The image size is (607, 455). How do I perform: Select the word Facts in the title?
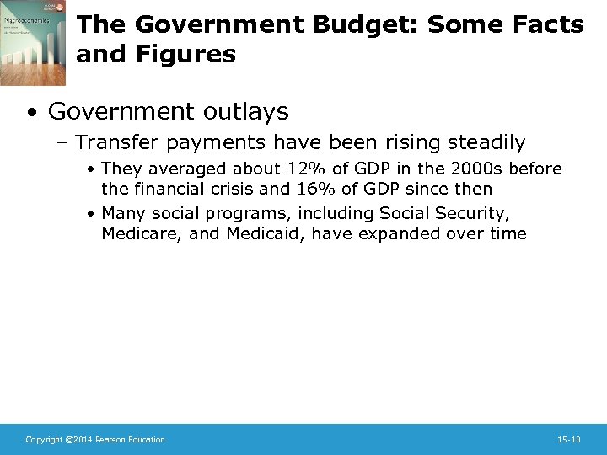pos(547,25)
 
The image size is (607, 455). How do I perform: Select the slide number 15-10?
pos(569,439)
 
